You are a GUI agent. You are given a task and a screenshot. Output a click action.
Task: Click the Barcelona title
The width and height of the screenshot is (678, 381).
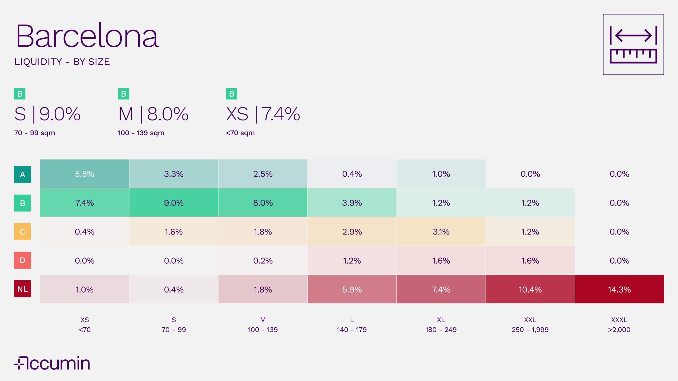(x=87, y=36)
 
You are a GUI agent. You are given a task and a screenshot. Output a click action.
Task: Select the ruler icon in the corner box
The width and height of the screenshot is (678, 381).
(x=633, y=44)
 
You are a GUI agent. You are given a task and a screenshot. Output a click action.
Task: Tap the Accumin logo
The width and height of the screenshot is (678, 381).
(x=52, y=363)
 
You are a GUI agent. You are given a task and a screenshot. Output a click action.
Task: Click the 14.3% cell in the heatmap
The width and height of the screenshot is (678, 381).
(x=619, y=289)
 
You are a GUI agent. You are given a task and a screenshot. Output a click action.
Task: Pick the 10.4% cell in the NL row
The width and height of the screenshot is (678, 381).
(x=530, y=289)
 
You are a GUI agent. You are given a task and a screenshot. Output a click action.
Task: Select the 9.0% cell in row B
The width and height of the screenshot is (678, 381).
(x=174, y=203)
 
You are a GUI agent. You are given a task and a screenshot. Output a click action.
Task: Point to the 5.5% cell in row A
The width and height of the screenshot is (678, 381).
(x=85, y=174)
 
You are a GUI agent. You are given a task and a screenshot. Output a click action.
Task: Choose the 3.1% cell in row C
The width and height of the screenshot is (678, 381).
(x=441, y=232)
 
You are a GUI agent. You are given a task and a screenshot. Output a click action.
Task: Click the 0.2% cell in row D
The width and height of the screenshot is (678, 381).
(x=263, y=261)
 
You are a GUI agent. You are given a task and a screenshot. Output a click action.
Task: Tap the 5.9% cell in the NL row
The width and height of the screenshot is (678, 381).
(x=352, y=289)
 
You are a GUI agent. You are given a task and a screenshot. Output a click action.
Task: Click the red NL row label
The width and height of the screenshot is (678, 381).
(x=23, y=289)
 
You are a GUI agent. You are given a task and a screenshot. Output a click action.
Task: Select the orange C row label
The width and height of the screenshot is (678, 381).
(x=23, y=232)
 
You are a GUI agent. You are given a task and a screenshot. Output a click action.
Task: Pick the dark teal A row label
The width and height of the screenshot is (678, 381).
(x=23, y=174)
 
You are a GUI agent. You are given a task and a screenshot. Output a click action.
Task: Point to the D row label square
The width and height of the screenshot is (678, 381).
(x=23, y=260)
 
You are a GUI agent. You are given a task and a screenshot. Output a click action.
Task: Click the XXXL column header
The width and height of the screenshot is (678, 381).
(x=619, y=320)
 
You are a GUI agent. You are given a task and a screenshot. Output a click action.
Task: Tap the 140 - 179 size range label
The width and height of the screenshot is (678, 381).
(x=352, y=330)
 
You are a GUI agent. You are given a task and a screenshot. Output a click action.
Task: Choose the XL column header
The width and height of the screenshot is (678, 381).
(x=441, y=320)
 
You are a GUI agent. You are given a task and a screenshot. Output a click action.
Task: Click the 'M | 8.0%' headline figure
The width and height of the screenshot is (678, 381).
(x=153, y=114)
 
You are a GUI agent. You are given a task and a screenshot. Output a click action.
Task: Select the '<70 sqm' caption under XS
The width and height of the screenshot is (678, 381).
(x=240, y=133)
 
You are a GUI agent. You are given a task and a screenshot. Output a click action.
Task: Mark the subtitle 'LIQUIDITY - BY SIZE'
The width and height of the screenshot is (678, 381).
(x=62, y=62)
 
